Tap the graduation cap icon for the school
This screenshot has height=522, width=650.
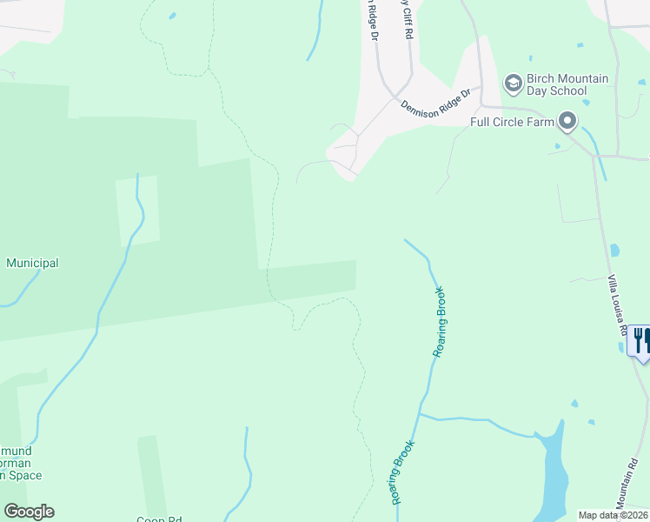point(513,83)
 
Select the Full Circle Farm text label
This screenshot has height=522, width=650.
point(512,122)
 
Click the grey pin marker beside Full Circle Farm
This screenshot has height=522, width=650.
point(567,121)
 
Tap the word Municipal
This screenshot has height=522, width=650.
point(32,263)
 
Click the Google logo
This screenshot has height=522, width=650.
point(29,512)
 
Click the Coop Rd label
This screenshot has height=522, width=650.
point(158,519)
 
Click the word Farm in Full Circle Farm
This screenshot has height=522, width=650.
point(538,122)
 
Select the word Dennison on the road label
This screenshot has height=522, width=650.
point(421,109)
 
